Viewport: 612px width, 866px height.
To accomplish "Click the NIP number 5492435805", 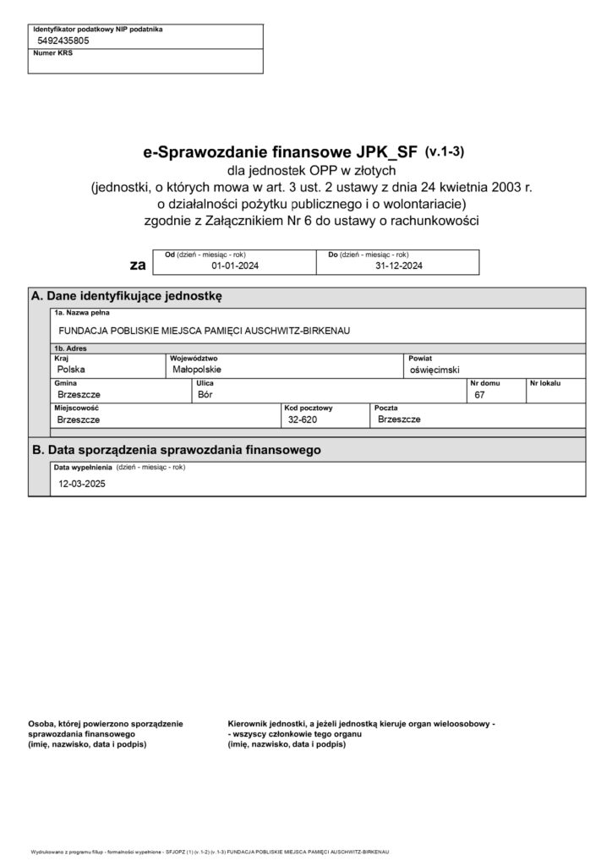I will [x=63, y=41].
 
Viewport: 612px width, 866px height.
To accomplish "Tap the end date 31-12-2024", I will [x=398, y=266].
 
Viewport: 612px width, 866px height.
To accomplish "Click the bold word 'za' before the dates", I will [x=137, y=265].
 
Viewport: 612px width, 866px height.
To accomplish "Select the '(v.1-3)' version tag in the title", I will [x=445, y=152].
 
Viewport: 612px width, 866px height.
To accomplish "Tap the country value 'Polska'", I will [x=71, y=370].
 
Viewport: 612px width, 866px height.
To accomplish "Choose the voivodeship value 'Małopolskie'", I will [x=196, y=370].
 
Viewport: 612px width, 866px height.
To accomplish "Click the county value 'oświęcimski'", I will [x=434, y=370].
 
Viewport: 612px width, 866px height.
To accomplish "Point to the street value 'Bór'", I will [x=204, y=394].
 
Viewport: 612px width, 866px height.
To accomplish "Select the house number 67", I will [x=480, y=395].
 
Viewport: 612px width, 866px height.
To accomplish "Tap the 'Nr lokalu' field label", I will [x=545, y=383].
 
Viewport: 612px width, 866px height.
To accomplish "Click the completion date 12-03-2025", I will [x=81, y=485].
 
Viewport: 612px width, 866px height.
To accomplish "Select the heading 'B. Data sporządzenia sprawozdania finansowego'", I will [x=176, y=450].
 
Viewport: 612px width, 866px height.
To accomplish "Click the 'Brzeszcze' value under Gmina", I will [x=79, y=394].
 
